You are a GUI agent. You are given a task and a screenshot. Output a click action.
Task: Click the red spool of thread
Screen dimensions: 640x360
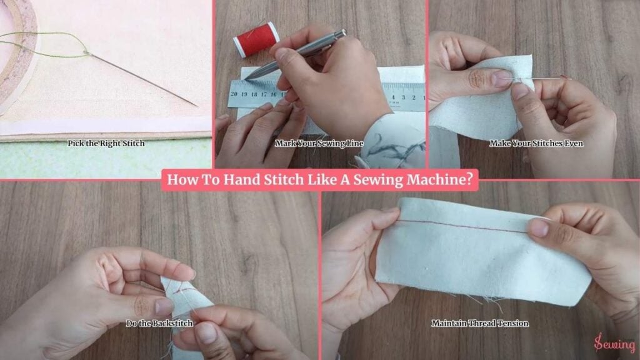pos(256,39)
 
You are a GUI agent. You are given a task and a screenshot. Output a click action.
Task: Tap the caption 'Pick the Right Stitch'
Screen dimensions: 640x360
pos(106,143)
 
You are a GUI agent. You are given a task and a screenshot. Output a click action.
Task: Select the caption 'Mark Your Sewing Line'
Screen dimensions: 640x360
pos(319,143)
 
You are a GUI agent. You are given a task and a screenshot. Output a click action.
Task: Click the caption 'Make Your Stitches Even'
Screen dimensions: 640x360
pos(536,143)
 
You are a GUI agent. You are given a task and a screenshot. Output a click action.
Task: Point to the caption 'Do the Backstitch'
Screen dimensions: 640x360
pos(159,323)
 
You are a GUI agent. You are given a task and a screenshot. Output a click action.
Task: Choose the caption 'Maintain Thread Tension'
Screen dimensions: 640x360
pos(480,323)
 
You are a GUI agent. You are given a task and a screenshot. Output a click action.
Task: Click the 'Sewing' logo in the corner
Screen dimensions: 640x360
pos(614,343)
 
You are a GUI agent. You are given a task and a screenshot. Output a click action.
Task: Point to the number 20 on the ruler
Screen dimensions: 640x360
pos(234,94)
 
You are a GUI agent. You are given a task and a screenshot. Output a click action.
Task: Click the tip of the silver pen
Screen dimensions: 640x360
pos(246,79)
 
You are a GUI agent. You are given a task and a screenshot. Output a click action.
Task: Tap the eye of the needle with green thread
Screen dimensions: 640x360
pos(87,52)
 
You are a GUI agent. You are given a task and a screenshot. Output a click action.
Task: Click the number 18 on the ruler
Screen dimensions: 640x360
pos(254,94)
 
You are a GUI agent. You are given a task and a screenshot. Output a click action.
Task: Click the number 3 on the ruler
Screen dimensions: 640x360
pos(403,97)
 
